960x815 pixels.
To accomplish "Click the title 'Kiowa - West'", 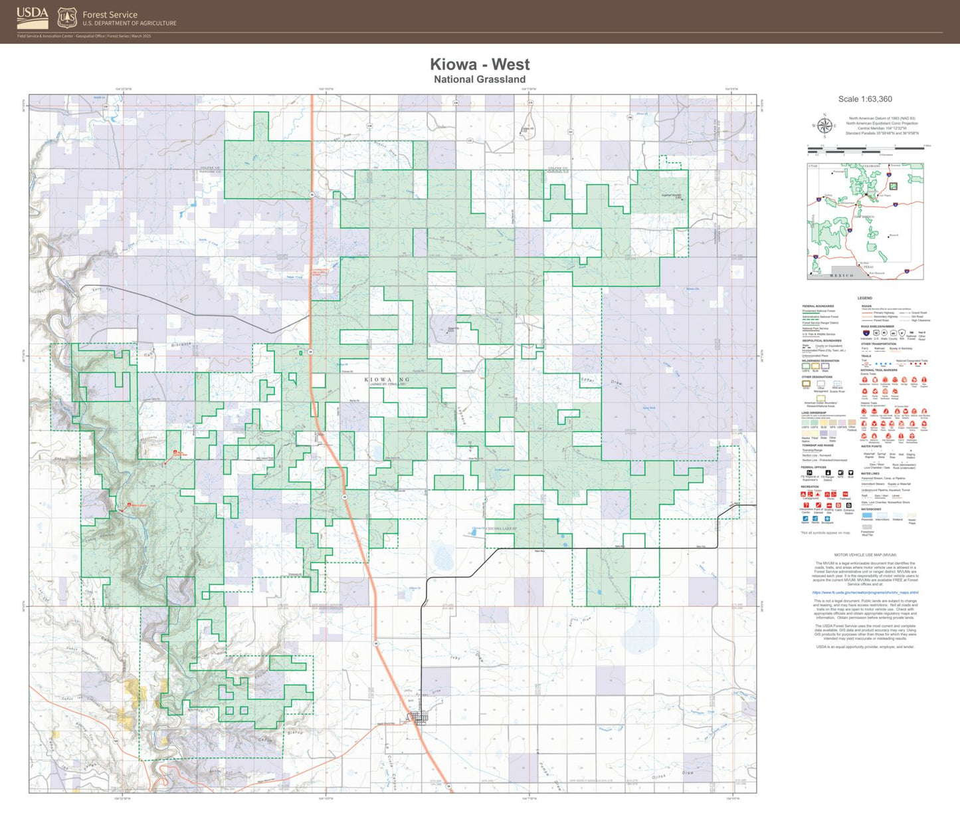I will (x=480, y=64).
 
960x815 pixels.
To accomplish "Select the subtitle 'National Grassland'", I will (x=480, y=80).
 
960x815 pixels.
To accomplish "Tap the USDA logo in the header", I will (x=32, y=14).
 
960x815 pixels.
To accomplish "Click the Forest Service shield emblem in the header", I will (x=66, y=17).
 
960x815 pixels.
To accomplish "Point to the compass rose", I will (x=824, y=125).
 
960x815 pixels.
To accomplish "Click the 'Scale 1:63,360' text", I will (x=865, y=99).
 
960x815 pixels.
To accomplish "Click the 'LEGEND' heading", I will (x=864, y=298).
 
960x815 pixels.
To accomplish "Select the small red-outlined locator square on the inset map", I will (x=894, y=186).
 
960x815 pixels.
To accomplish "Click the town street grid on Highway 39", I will (x=419, y=717).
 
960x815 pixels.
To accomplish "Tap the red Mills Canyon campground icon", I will (x=130, y=505).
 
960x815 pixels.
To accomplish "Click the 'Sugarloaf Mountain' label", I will (x=671, y=195).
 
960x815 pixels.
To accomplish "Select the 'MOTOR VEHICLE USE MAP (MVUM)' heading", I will (x=865, y=554).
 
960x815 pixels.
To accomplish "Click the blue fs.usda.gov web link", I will (x=865, y=592).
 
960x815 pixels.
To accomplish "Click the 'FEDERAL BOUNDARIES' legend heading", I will (x=817, y=306).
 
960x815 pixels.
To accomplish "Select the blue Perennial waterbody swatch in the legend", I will (x=867, y=515).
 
